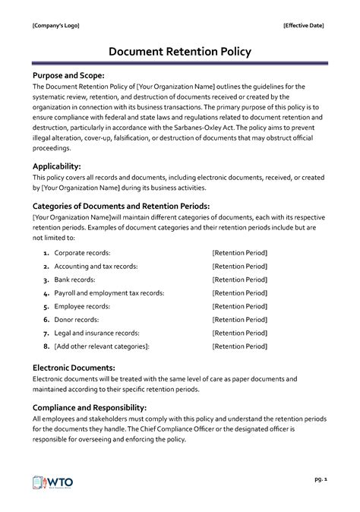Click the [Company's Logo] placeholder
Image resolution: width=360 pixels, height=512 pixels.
(x=55, y=25)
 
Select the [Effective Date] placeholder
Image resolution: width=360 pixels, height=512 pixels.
(x=304, y=25)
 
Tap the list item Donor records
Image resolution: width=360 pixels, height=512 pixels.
(x=79, y=320)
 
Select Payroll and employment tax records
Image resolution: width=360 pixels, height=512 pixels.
(x=109, y=292)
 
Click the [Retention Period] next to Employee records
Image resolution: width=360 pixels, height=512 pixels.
(x=240, y=306)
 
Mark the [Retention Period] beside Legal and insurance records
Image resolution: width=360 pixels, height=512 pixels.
(x=240, y=333)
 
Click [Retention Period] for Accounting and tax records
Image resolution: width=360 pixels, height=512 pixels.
(x=240, y=265)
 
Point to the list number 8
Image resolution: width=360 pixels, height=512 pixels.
(x=46, y=347)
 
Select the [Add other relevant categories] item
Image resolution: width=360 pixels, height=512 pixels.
(x=102, y=347)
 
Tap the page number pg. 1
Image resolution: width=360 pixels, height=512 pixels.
(x=319, y=480)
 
